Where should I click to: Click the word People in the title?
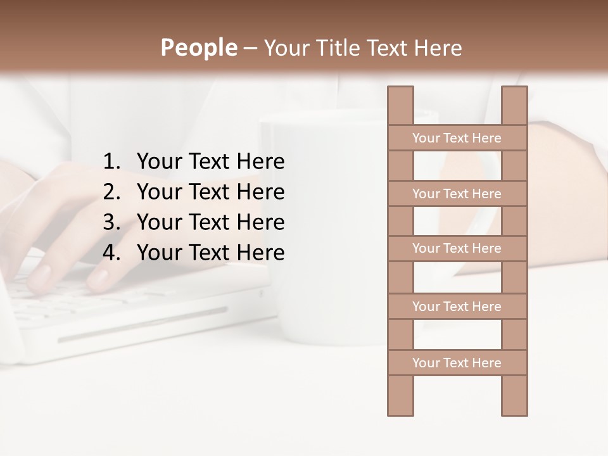(x=198, y=47)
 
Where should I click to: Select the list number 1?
(x=111, y=162)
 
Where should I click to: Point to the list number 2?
(x=111, y=192)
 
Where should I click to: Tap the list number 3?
(x=111, y=222)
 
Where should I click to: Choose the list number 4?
(x=111, y=253)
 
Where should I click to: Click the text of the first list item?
(x=210, y=162)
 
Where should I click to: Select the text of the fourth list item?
(x=210, y=253)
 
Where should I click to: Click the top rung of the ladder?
(x=457, y=137)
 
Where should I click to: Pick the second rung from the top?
(x=457, y=193)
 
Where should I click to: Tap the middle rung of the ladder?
(x=457, y=248)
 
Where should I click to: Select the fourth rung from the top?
(x=457, y=306)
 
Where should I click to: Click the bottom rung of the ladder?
(x=457, y=362)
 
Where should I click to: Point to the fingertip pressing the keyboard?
(x=98, y=279)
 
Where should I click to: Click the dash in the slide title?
(x=250, y=48)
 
